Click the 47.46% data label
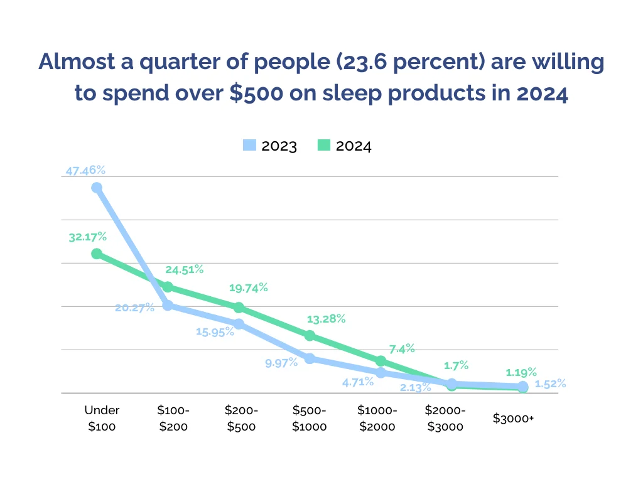(85, 170)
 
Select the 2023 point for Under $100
(97, 188)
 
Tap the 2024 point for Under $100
(97, 254)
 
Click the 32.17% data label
(87, 237)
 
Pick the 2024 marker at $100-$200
(168, 287)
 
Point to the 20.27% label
(134, 308)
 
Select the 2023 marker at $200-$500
(239, 324)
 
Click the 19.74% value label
(249, 288)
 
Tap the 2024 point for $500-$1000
(310, 336)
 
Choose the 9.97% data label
(281, 363)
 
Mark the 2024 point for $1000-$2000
(381, 361)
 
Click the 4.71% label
(358, 382)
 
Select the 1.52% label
(550, 384)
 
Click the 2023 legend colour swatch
(249, 145)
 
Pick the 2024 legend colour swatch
(324, 145)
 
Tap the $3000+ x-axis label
(514, 419)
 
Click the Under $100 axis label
(102, 418)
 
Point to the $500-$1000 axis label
(309, 418)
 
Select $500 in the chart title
(256, 93)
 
